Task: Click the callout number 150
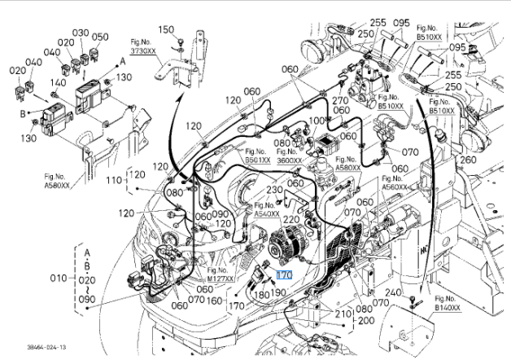[x=166, y=29]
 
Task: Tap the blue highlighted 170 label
[x=283, y=275]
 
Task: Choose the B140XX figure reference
[x=447, y=308]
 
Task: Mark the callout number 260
[x=467, y=160]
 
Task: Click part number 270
[x=340, y=101]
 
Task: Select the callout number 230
[x=274, y=190]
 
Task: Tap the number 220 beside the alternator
[x=290, y=220]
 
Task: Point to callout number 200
[x=366, y=320]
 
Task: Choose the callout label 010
[x=58, y=277]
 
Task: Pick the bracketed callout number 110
[x=115, y=179]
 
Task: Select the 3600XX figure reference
[x=290, y=160]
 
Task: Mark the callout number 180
[x=261, y=294]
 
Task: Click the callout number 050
[x=99, y=37]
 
